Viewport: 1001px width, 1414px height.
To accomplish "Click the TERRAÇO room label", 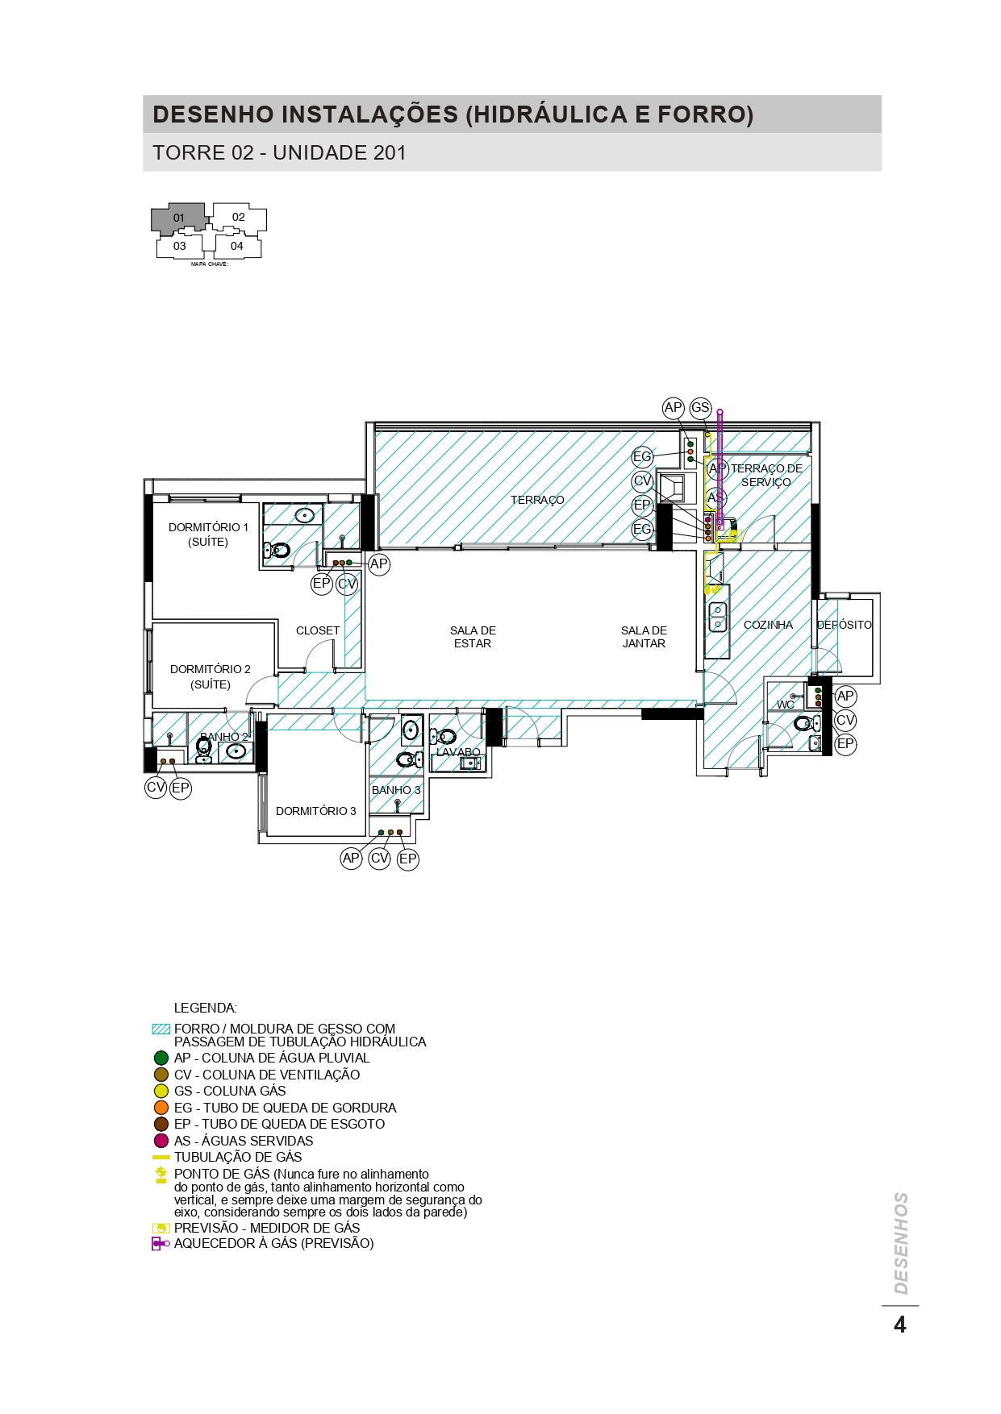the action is [x=537, y=500].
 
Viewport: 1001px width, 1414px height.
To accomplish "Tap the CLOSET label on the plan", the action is [x=318, y=630].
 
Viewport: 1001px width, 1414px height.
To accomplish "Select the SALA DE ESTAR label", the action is [x=473, y=637].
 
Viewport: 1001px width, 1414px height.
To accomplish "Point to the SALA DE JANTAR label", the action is [x=644, y=637].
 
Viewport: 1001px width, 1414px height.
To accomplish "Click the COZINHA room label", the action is [x=768, y=625].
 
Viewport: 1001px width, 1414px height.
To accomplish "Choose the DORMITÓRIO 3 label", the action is [x=316, y=811].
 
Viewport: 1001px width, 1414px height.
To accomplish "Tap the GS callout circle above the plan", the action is [x=700, y=408].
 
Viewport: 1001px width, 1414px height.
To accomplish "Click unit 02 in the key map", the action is [x=239, y=217].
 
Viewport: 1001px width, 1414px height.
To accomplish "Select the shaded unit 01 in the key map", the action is [x=179, y=218].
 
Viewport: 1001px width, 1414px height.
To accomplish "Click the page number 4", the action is [x=900, y=1325].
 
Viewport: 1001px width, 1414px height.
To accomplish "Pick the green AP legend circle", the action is [x=161, y=1058].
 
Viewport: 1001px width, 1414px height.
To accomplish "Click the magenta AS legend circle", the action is [x=161, y=1141].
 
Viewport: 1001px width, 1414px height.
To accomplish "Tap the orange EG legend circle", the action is [x=161, y=1108].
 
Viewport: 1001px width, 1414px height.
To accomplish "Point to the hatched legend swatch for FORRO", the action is [x=161, y=1029].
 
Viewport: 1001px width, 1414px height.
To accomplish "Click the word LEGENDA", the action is [x=206, y=1008].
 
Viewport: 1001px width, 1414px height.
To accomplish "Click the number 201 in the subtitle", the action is [x=390, y=152].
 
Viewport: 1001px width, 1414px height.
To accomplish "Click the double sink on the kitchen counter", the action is [x=717, y=617].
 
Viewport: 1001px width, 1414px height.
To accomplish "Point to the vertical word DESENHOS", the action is [x=901, y=1243].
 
